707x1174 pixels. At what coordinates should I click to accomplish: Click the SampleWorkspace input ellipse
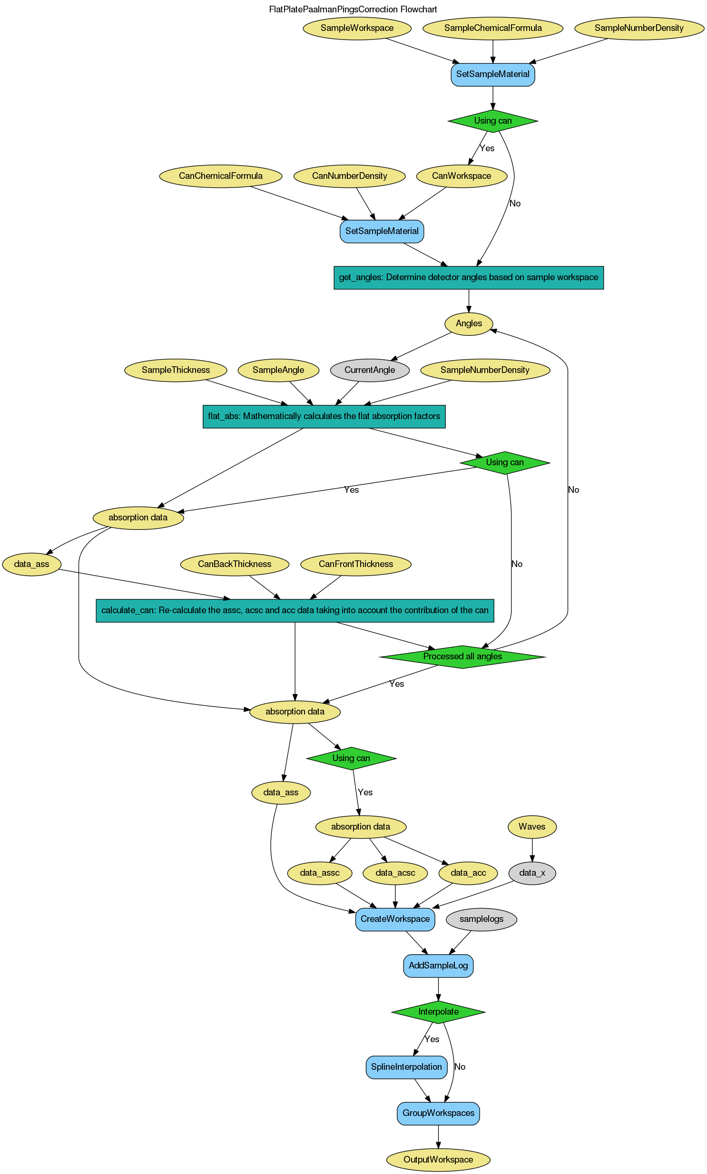[357, 28]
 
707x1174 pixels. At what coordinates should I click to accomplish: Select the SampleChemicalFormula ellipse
[492, 28]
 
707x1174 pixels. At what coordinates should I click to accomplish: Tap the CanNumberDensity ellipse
[349, 176]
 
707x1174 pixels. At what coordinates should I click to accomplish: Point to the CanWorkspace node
[461, 176]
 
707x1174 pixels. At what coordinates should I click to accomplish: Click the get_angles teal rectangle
[468, 278]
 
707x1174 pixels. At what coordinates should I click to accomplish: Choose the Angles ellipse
[469, 324]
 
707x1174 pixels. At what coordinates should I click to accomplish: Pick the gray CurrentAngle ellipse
[369, 371]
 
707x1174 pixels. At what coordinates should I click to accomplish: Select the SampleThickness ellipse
[175, 371]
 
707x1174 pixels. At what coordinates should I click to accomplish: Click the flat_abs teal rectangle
[324, 417]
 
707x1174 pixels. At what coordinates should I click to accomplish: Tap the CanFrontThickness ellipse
[355, 564]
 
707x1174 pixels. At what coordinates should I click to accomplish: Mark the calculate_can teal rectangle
[295, 611]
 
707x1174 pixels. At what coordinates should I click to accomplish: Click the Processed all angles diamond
[462, 657]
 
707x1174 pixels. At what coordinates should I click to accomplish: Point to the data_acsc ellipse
[395, 873]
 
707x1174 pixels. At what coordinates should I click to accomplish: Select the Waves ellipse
[532, 827]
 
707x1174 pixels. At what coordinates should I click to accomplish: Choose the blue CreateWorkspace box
[395, 919]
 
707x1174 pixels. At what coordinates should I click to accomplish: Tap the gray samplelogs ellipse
[481, 919]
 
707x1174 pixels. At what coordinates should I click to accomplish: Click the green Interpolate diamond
[438, 1012]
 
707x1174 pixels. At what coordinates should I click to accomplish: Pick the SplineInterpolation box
[406, 1067]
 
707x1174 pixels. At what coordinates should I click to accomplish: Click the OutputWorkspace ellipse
[438, 1159]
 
